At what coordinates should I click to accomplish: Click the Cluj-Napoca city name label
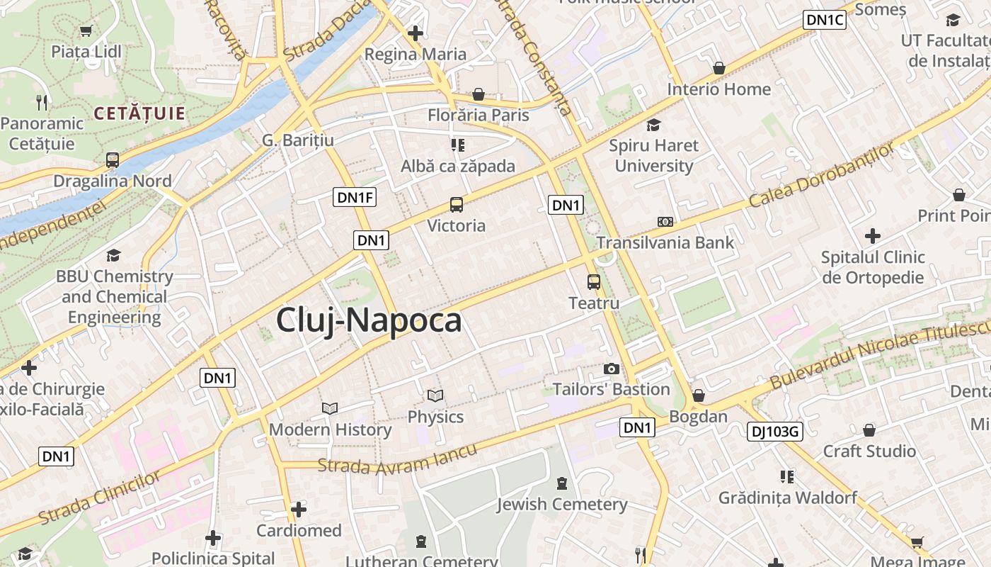click(369, 320)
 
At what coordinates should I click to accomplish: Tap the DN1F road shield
click(355, 197)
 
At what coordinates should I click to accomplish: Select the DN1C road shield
click(825, 20)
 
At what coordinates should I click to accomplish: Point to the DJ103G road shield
click(775, 430)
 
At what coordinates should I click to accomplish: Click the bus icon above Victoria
click(457, 205)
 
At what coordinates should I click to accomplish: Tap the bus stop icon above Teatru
click(594, 282)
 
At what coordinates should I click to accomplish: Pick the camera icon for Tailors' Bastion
click(611, 369)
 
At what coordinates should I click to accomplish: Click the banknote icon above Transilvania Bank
click(665, 222)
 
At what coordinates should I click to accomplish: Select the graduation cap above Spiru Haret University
click(653, 125)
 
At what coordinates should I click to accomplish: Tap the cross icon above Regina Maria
click(416, 33)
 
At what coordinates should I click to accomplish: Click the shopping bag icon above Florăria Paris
click(479, 94)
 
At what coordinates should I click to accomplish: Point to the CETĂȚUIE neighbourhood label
click(139, 113)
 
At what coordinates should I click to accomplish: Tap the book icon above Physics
click(435, 395)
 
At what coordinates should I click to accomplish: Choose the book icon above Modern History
click(330, 408)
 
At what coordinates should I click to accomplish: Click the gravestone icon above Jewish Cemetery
click(562, 483)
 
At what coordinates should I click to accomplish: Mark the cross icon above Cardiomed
click(299, 510)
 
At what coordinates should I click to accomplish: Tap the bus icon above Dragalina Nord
click(113, 159)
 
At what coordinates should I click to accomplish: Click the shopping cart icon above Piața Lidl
click(86, 30)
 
